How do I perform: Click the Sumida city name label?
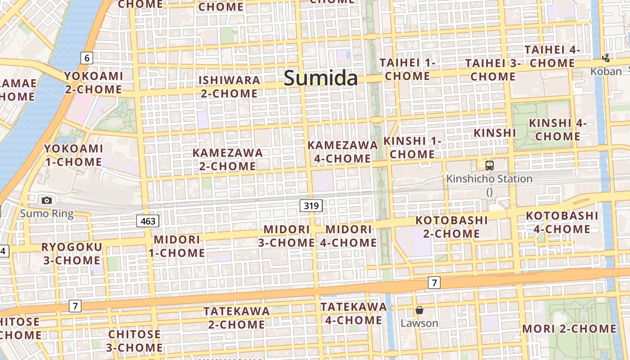(321, 78)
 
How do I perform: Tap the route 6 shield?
(87, 58)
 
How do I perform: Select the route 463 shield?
(148, 220)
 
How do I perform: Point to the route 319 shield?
(311, 206)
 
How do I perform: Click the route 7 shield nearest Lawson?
(434, 283)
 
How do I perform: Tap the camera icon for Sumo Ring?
(46, 200)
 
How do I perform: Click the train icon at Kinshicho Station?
(489, 165)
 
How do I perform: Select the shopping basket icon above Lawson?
(419, 310)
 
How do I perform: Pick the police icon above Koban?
(606, 58)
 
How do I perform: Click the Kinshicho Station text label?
(489, 179)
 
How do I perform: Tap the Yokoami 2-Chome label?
(93, 82)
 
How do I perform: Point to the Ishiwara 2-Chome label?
(229, 87)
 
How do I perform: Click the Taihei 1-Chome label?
(408, 69)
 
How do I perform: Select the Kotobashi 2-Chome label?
(451, 227)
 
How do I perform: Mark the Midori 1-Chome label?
(177, 246)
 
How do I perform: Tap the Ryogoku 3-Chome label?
(72, 253)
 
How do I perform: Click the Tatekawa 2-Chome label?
(236, 318)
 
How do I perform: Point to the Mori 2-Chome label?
(569, 328)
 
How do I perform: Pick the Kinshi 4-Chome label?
(558, 130)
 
